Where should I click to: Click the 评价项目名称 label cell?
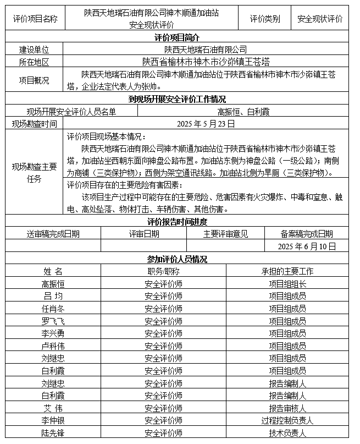coord(35,19)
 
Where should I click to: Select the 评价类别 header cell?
coord(264,19)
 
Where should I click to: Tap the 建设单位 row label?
coord(34,50)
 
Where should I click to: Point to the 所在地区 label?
coord(34,62)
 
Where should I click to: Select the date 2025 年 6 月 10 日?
coord(307,246)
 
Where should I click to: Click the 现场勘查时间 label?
coord(34,124)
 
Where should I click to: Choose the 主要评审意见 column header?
coord(225,234)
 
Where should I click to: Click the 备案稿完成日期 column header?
coord(307,234)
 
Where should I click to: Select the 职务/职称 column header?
coord(163,271)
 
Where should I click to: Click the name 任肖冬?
coord(53,309)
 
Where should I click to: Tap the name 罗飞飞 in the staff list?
coord(53,321)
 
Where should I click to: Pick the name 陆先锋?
coord(53,433)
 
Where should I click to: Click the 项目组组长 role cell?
coord(287,284)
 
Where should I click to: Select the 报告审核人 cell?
coord(287,408)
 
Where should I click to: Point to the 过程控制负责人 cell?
coord(287,421)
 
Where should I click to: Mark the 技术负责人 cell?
coord(287,433)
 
